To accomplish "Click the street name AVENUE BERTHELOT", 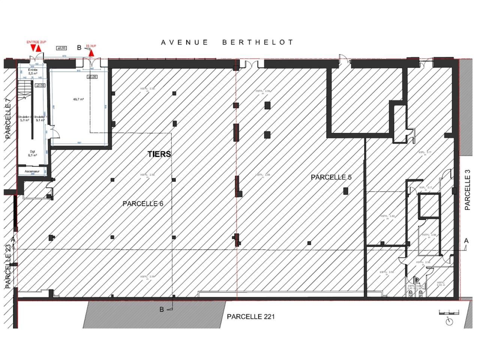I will point(227,42).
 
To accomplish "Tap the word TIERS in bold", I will point(159,154).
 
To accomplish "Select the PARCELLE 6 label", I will point(142,204).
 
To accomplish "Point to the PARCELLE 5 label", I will point(331,177).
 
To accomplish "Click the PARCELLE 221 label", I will point(250,316).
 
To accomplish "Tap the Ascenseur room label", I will point(32,171).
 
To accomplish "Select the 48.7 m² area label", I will point(78,99).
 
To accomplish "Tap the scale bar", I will point(448,312).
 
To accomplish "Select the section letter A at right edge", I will point(466,240).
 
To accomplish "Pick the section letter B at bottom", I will point(162,309).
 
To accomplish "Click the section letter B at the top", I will point(79,48).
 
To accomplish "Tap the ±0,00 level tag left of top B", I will point(61,48).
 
